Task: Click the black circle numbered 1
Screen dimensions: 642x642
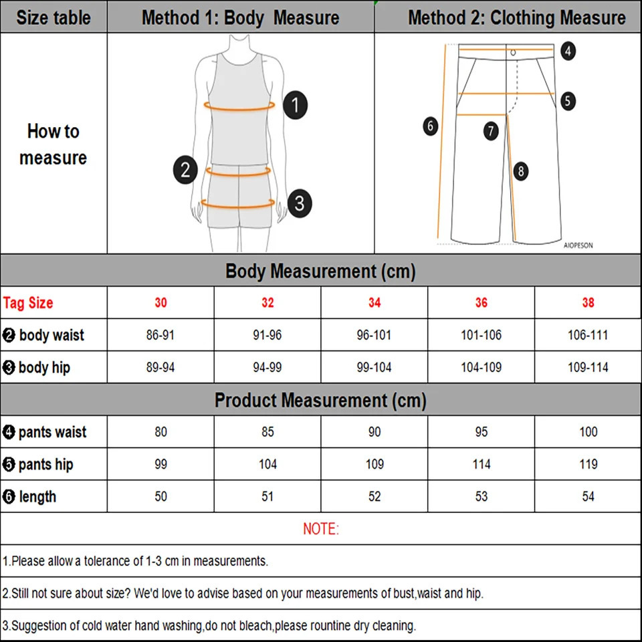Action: coord(295,106)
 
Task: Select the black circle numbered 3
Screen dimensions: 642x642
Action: coord(300,202)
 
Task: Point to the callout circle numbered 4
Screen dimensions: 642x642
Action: coord(568,51)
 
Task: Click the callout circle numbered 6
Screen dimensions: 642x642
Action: coord(431,125)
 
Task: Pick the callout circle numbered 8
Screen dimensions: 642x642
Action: coord(521,171)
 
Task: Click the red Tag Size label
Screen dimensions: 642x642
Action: coord(28,303)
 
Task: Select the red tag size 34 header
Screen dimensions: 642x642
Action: coord(374,303)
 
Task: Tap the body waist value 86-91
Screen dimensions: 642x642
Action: coord(160,335)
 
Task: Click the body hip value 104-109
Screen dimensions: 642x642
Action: coord(481,367)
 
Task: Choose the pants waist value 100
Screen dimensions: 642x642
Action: coord(588,432)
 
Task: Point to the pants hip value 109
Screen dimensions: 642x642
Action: coord(374,464)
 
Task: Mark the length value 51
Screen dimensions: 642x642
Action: coord(267,496)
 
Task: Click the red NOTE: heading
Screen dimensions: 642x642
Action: coord(321,529)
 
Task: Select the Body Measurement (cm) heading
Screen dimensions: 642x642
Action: coord(321,272)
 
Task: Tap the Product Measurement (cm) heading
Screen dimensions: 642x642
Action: coord(321,401)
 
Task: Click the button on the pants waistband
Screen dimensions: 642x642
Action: coord(513,52)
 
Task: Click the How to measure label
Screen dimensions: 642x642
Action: coord(53,144)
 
